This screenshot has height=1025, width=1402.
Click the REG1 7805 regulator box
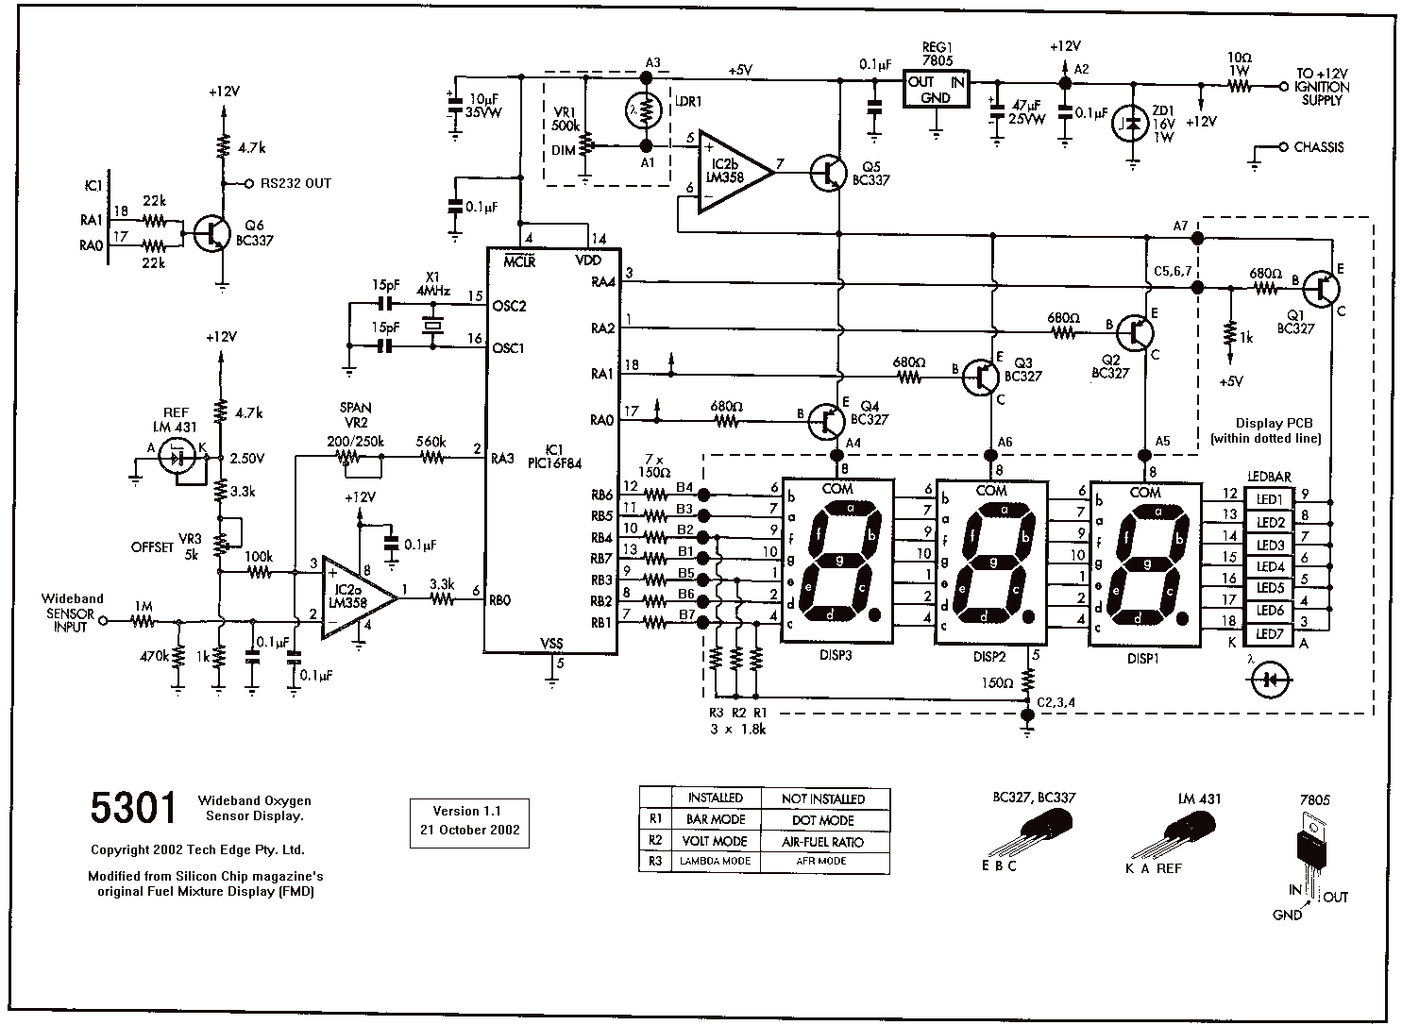(936, 89)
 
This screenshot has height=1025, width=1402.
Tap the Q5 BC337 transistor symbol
(828, 173)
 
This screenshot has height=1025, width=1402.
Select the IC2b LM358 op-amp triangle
(736, 172)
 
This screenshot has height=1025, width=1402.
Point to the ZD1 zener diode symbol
(1132, 124)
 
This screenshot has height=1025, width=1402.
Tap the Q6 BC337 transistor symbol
(212, 233)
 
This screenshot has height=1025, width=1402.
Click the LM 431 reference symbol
(177, 457)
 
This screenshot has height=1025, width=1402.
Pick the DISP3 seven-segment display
(836, 562)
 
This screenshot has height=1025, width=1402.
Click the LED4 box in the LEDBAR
(1269, 566)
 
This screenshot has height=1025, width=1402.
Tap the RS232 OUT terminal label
(296, 183)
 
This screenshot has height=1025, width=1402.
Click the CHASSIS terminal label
(1319, 147)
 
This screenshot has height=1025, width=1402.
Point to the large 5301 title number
(133, 807)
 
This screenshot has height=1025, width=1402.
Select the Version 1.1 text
(467, 811)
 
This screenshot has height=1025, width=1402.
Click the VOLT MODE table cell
(715, 841)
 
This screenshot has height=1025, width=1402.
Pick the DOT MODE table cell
(823, 820)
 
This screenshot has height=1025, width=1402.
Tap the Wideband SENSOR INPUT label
(72, 613)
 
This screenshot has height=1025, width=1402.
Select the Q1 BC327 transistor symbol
(1321, 289)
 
